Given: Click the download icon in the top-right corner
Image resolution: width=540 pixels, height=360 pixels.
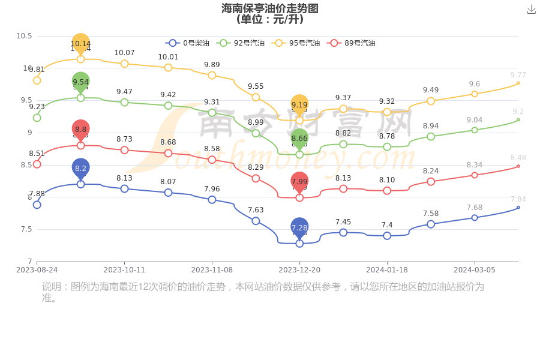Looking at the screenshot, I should point(531,9).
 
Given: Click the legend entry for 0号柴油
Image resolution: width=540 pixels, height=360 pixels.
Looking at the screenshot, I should point(188,43).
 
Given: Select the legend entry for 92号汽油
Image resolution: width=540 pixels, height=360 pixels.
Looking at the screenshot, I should point(240,43).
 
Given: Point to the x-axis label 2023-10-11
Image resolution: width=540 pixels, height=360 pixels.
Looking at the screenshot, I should point(124,270).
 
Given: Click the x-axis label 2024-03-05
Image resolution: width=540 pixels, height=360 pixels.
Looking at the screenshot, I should point(474,270).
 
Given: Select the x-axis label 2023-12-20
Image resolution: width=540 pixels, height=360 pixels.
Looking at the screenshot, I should point(299,270).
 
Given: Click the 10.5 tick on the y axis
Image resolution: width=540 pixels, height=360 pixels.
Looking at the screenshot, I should point(24,36).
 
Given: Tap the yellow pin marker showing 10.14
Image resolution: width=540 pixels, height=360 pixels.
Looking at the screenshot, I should point(80,43).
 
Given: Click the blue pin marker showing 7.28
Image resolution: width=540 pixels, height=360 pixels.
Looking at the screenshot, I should point(299,227).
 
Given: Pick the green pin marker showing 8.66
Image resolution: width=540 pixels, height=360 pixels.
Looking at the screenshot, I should point(299,139).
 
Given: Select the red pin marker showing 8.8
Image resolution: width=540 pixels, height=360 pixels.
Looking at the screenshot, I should point(80,129).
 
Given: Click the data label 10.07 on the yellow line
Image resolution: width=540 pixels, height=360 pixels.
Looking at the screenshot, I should point(124,53).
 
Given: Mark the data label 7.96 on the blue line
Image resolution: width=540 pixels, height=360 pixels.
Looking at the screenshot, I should point(212,189).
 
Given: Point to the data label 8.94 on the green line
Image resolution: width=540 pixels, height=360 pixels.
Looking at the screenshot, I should point(431,126).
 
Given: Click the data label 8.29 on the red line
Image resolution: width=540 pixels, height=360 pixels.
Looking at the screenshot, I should point(256,167).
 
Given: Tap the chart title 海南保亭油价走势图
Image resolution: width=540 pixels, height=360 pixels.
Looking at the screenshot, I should point(269,8).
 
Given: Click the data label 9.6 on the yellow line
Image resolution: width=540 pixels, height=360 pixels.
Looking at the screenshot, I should point(475,84).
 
